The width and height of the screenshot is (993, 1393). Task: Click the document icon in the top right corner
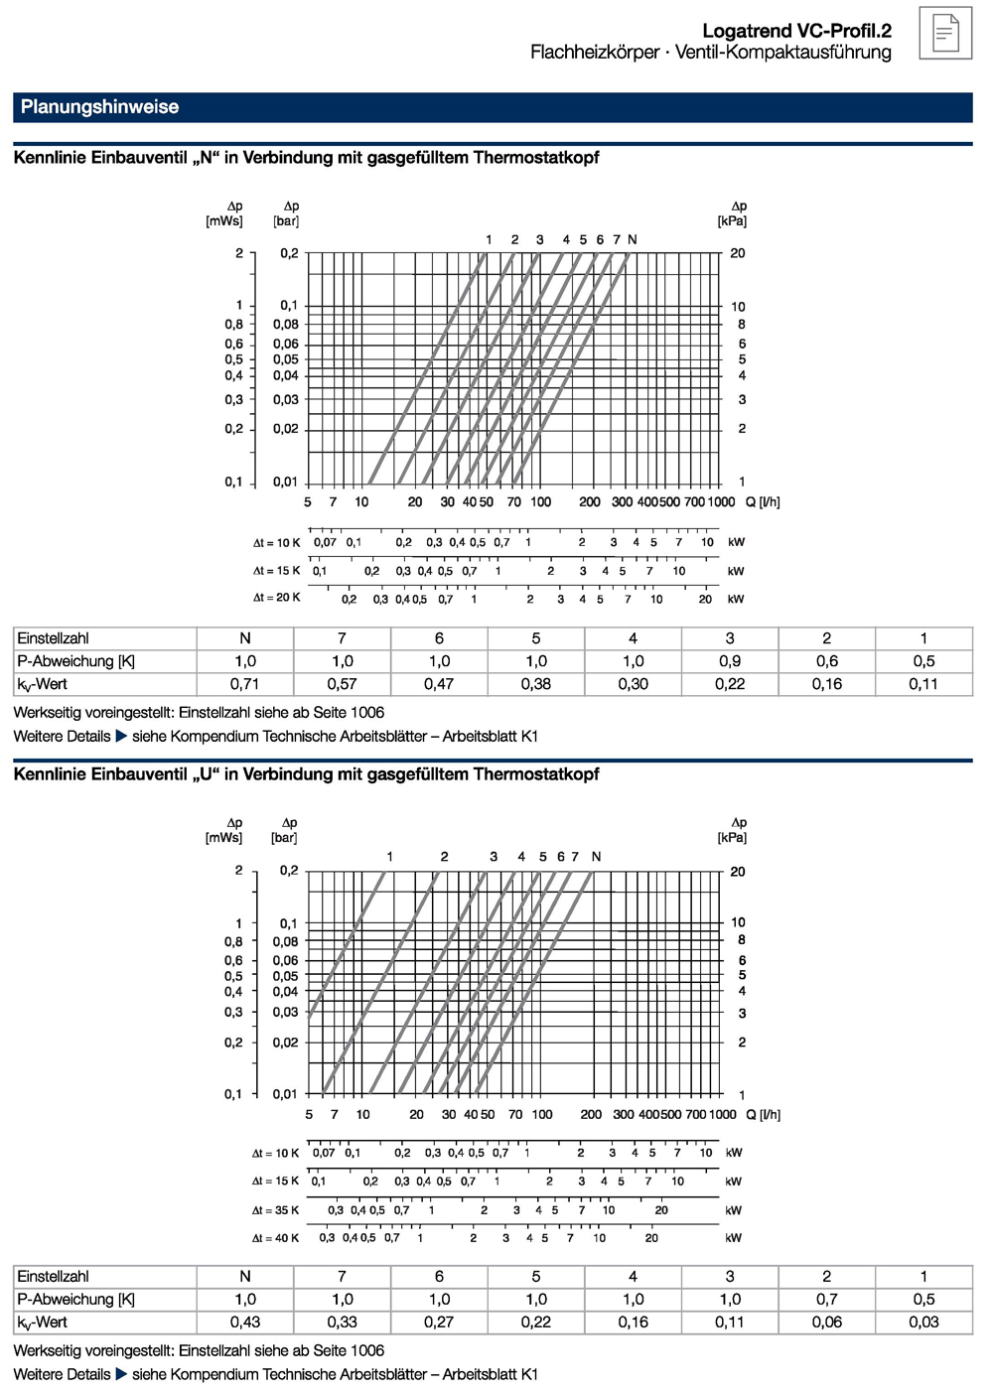point(944,33)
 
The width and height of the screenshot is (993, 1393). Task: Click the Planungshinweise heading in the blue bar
point(99,107)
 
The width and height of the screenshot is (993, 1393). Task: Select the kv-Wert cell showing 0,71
point(244,684)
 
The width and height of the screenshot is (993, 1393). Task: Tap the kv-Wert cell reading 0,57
point(342,684)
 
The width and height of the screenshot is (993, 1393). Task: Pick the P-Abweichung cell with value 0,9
point(730,661)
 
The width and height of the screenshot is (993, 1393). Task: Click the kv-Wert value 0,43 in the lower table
point(244,1323)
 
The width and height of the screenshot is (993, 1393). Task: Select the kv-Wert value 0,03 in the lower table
point(923,1323)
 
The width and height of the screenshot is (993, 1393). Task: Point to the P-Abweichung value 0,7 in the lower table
point(826,1300)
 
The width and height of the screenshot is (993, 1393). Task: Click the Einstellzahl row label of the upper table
point(54,638)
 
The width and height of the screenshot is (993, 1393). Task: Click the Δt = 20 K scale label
point(276,598)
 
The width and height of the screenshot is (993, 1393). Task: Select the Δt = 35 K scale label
point(275,1210)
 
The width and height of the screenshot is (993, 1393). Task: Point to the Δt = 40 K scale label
point(275,1238)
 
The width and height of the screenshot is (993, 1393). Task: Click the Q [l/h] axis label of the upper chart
point(763,502)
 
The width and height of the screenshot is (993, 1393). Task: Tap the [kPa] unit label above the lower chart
point(732,838)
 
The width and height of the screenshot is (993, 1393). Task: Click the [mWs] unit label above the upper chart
point(224,221)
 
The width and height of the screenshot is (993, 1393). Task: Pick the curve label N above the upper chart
point(633,239)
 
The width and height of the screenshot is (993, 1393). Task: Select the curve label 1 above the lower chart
point(389,857)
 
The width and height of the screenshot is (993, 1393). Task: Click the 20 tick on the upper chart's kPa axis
point(738,253)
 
